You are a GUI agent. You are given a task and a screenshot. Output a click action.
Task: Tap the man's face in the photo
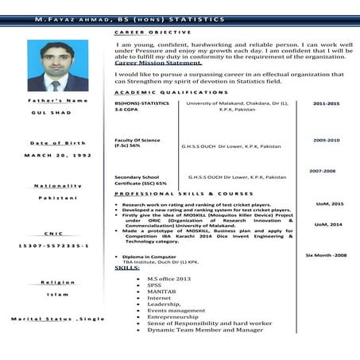coord(56,61)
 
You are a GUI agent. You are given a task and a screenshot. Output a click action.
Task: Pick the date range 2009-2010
coord(326,140)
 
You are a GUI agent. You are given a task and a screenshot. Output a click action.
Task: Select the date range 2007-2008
coord(323,171)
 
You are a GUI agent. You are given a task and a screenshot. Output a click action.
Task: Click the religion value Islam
coord(56,293)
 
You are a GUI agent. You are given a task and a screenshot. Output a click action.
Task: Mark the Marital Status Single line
coord(57,319)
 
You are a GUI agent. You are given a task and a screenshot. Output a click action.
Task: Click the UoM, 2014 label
coord(328,225)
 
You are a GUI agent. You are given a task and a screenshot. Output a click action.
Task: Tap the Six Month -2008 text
coord(326,256)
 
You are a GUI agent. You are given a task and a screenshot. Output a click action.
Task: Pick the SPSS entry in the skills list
coord(155,286)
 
